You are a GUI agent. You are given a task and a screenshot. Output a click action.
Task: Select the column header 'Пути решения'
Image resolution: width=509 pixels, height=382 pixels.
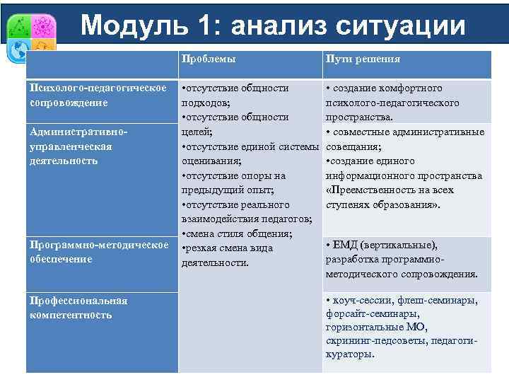363,59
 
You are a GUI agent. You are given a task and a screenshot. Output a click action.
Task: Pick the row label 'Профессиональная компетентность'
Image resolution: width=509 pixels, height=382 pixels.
78,307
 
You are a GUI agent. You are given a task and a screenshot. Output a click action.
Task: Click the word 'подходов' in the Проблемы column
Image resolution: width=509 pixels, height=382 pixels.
204,103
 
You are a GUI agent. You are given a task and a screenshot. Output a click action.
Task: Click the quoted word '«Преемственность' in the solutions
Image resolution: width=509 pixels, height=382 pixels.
367,190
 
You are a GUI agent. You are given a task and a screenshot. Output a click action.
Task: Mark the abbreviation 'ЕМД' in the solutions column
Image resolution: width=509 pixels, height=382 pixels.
344,245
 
